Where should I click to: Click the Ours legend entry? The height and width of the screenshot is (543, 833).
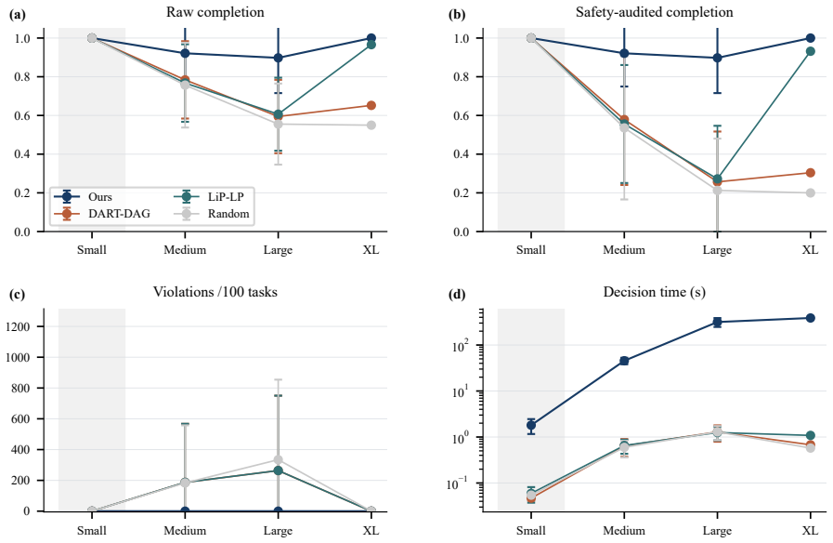click(x=84, y=197)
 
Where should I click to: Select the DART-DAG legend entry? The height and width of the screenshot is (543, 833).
click(x=102, y=214)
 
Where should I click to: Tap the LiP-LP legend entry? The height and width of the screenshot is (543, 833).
click(x=209, y=197)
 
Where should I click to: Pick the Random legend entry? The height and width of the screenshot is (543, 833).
click(x=212, y=214)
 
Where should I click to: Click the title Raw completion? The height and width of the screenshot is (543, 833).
click(x=215, y=12)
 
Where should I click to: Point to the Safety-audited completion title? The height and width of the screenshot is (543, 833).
click(x=655, y=12)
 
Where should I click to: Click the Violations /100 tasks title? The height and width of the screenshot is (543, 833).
click(x=215, y=292)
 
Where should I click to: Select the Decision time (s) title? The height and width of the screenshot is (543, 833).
click(x=655, y=292)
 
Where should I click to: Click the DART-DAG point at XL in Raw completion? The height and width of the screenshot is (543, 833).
click(x=371, y=105)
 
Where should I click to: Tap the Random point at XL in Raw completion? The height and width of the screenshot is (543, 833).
click(x=371, y=126)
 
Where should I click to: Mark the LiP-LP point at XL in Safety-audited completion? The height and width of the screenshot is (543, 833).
click(x=810, y=51)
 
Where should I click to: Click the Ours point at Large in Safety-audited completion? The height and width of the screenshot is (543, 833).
click(x=717, y=58)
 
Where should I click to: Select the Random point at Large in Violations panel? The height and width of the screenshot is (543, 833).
click(x=278, y=460)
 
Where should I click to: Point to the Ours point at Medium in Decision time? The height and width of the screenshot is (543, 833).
click(x=624, y=361)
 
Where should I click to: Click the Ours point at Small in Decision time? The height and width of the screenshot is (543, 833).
click(x=531, y=425)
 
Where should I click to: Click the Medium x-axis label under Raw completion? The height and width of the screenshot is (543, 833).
click(x=185, y=250)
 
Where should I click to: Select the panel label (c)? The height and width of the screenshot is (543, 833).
click(x=17, y=295)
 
